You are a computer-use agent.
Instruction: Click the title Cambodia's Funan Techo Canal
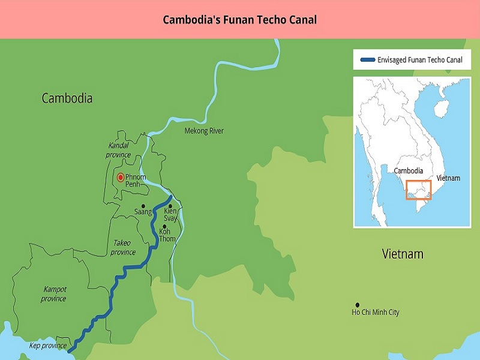(x=240, y=19)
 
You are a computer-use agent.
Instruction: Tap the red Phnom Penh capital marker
(x=121, y=177)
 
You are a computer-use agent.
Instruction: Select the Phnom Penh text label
(x=136, y=181)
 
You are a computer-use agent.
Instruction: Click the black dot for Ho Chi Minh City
(x=358, y=305)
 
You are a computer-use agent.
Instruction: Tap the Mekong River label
(x=204, y=130)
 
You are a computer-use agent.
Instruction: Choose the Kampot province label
(x=54, y=294)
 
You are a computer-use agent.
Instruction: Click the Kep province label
(x=48, y=346)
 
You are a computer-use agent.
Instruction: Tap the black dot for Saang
(x=143, y=206)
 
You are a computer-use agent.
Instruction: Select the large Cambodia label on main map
(x=67, y=98)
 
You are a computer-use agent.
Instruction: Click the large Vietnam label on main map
(x=403, y=254)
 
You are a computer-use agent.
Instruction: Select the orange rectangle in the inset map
(x=418, y=190)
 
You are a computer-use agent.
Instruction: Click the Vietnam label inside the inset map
(x=448, y=178)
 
